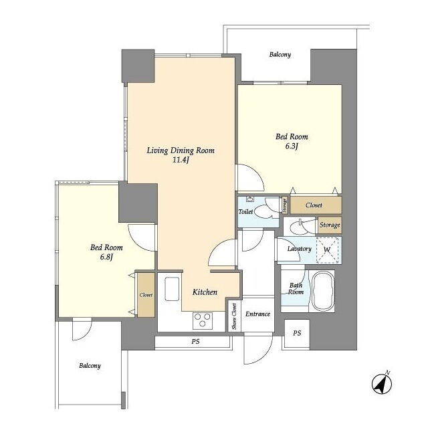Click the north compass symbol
(382, 383)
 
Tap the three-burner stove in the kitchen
(202, 320)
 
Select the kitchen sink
(172, 289)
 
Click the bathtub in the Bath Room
(323, 291)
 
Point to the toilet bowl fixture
(262, 211)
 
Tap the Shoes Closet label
(234, 316)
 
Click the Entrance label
(257, 314)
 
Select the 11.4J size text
(181, 160)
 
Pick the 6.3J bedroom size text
(292, 146)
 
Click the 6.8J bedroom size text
(106, 257)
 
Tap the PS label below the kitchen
(195, 341)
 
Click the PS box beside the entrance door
(297, 333)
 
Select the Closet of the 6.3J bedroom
(316, 205)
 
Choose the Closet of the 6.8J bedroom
(146, 295)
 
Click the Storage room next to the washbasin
(330, 225)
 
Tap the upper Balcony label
(280, 55)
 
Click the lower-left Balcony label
(90, 366)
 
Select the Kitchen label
(205, 292)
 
